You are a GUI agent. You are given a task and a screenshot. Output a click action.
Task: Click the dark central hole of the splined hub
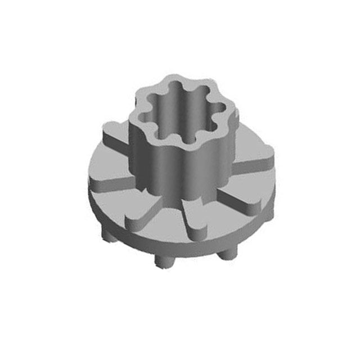(180, 121)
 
